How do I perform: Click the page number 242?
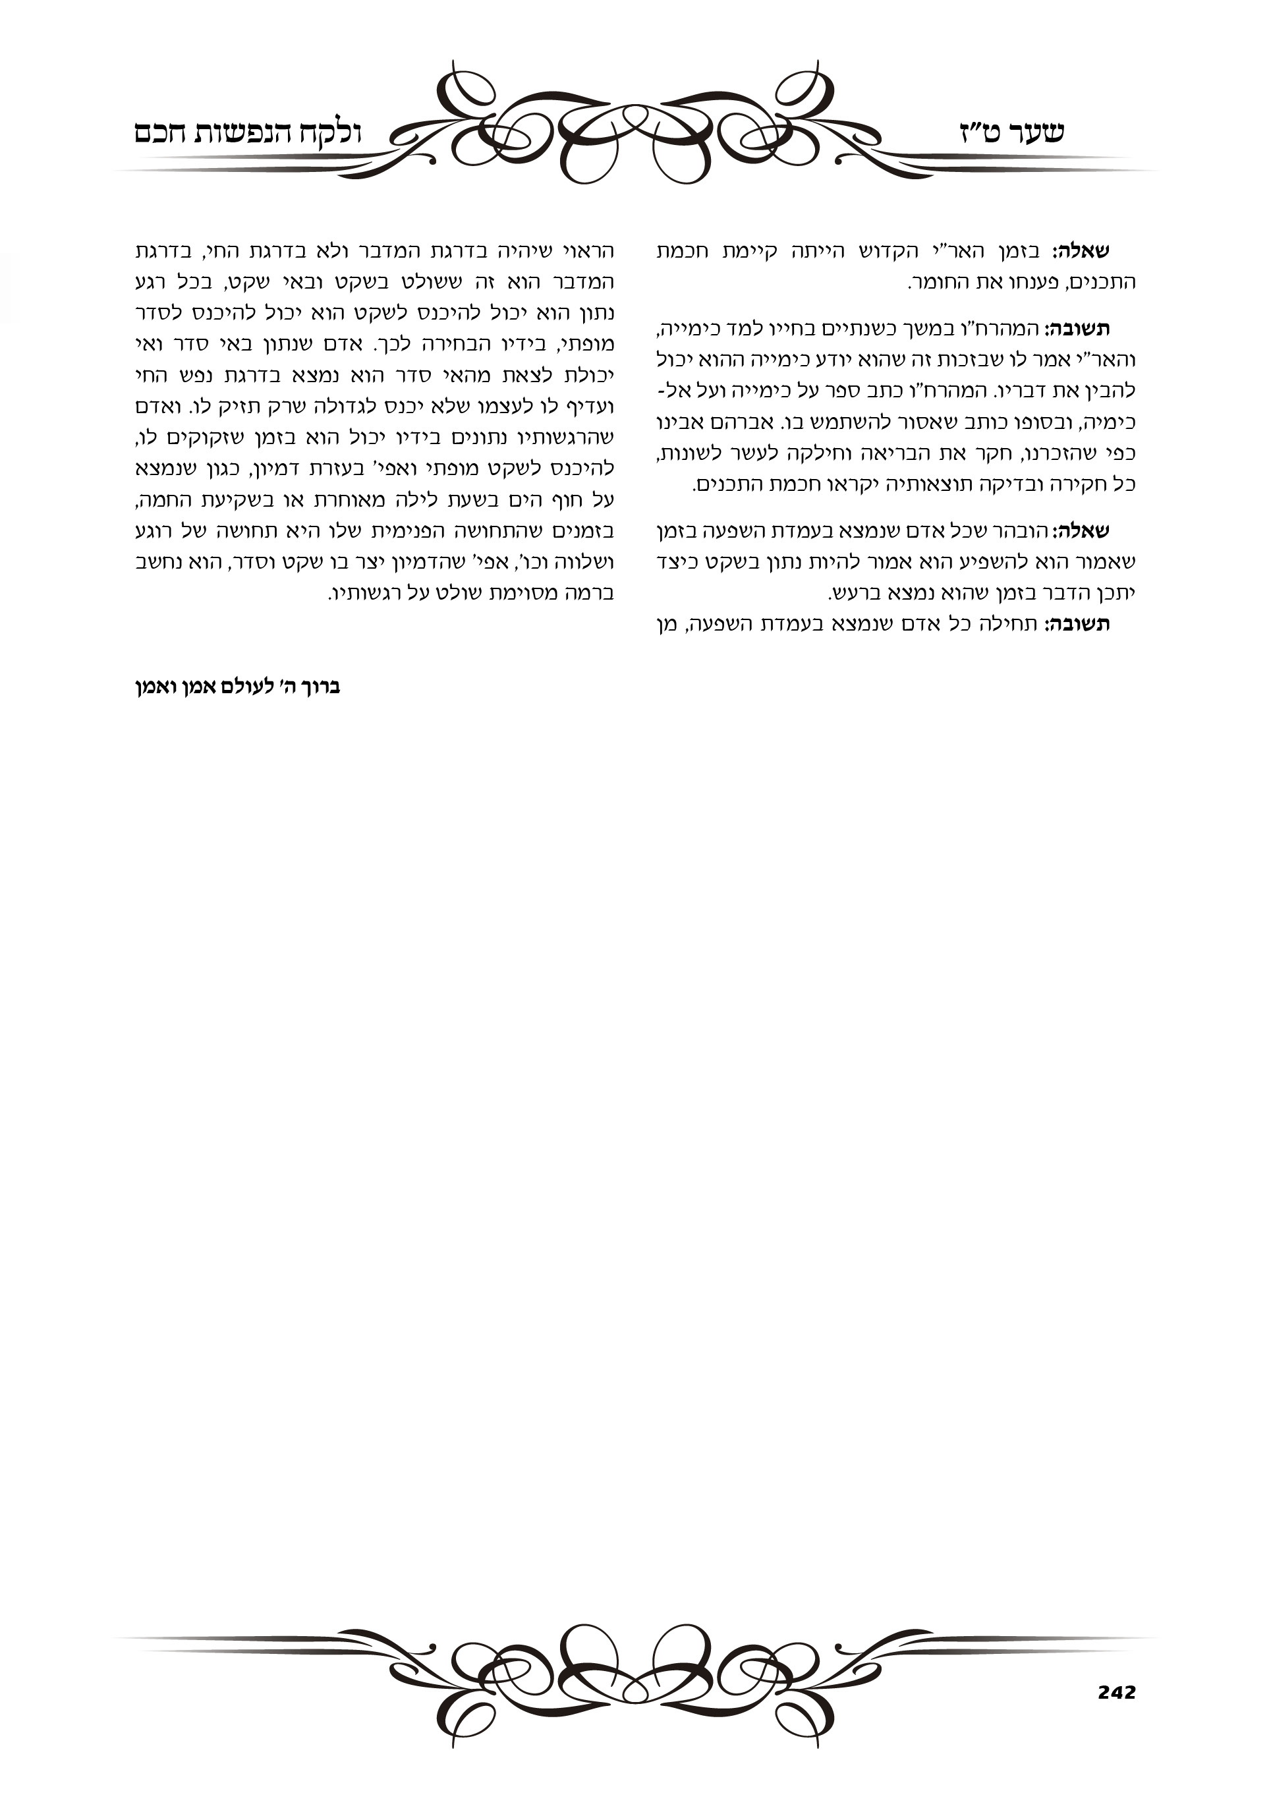coord(1116,1693)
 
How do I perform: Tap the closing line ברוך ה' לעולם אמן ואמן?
coord(237,687)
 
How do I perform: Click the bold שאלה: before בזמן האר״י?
coord(1081,252)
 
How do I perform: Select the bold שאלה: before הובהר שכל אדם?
coord(1081,532)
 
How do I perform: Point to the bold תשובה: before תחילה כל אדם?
coord(1077,625)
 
